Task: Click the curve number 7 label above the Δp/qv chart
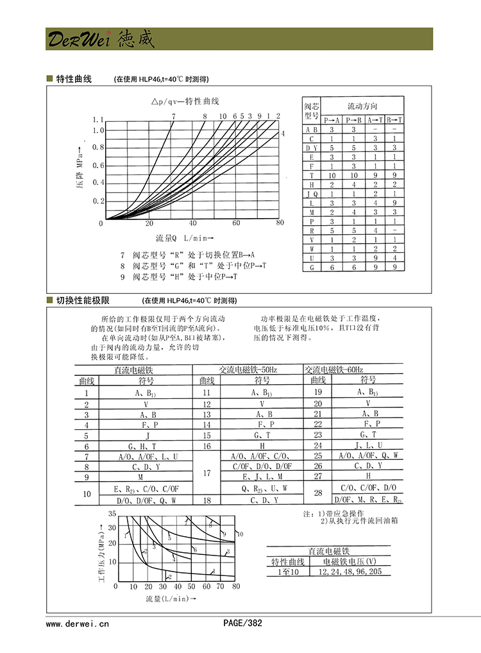click(x=173, y=116)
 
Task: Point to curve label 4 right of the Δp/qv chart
click(x=283, y=133)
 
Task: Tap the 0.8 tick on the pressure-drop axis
click(x=97, y=148)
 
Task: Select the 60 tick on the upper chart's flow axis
click(x=236, y=223)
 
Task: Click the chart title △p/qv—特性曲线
click(x=185, y=102)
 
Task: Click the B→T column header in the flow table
click(x=394, y=120)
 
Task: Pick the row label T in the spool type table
click(x=312, y=174)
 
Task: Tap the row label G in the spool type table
click(x=312, y=267)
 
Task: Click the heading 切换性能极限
click(x=83, y=300)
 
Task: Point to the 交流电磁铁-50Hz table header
click(x=248, y=369)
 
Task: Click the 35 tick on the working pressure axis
click(x=113, y=514)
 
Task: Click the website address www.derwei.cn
click(x=78, y=622)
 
